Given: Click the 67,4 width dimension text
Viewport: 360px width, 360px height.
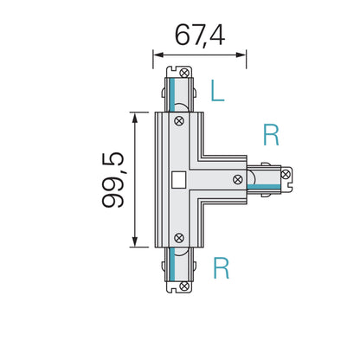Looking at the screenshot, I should (200, 35).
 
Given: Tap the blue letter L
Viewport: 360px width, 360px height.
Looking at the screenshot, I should (217, 90).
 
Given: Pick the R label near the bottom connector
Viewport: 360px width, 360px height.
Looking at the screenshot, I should (221, 268).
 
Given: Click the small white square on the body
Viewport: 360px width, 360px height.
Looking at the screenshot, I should (179, 181).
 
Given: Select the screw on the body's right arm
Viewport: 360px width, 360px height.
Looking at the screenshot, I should (237, 179).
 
